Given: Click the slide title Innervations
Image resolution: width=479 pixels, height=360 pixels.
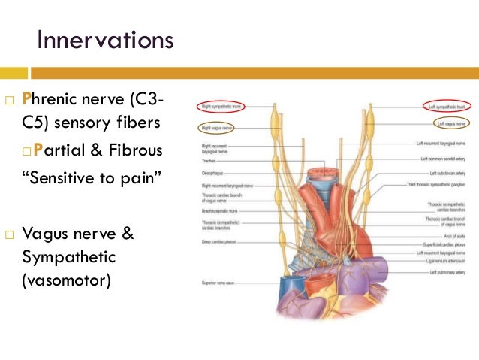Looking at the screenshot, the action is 105,38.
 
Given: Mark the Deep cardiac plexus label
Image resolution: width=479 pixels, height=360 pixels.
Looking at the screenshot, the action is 217,242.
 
